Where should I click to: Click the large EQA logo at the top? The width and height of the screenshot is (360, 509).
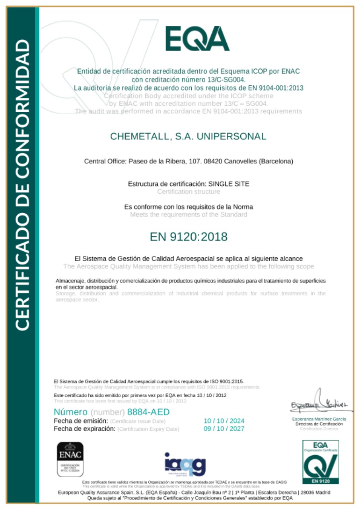197,38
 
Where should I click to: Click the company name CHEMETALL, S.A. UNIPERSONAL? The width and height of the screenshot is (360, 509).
188,136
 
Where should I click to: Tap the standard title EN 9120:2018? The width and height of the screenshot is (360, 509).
189,237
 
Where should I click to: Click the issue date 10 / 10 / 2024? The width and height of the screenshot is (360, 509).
224,421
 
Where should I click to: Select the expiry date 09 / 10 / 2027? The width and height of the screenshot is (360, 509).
224,429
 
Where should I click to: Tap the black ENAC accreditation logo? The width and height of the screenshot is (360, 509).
70,459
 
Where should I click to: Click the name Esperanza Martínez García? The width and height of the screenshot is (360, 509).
319,419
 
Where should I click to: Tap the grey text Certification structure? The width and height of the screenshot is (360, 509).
189,192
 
